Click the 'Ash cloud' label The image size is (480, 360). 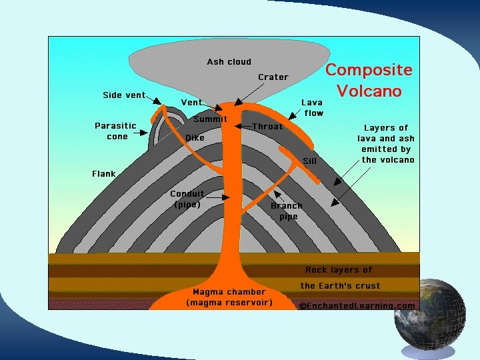point(229,62)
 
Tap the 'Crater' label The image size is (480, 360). point(273,77)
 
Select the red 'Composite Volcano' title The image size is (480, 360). point(369,80)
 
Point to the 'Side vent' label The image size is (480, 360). point(124,95)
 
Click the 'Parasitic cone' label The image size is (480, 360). point(116,131)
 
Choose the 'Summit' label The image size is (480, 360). point(210,119)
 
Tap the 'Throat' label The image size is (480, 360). point(267,126)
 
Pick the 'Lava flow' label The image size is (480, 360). point(312,107)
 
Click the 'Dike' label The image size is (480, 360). point(195,137)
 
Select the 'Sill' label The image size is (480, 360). point(309,161)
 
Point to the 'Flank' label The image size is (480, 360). point(104,174)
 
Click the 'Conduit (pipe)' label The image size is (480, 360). point(187,199)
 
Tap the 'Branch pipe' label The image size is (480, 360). point(287,211)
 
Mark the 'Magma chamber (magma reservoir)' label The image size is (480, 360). point(229,297)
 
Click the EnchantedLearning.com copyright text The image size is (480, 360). point(357,306)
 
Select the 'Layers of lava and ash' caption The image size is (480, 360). point(387,143)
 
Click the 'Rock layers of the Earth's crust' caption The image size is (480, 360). point(339,278)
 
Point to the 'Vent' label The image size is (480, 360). point(191,103)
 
